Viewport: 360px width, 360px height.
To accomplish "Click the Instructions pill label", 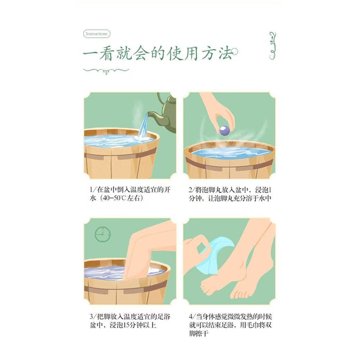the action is click(97, 34).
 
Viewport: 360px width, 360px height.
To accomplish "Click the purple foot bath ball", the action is click(224, 130).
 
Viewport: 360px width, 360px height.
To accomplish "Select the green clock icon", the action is click(103, 234).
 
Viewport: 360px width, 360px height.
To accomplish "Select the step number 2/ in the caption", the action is click(191, 190).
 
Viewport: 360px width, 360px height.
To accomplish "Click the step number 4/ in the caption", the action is click(192, 317).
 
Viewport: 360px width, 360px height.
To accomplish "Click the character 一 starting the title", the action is click(90, 55).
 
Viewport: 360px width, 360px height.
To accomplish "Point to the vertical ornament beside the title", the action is click(272, 46).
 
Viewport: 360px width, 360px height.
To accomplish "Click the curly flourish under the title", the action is click(106, 70).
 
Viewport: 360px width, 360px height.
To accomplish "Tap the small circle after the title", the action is click(235, 51).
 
